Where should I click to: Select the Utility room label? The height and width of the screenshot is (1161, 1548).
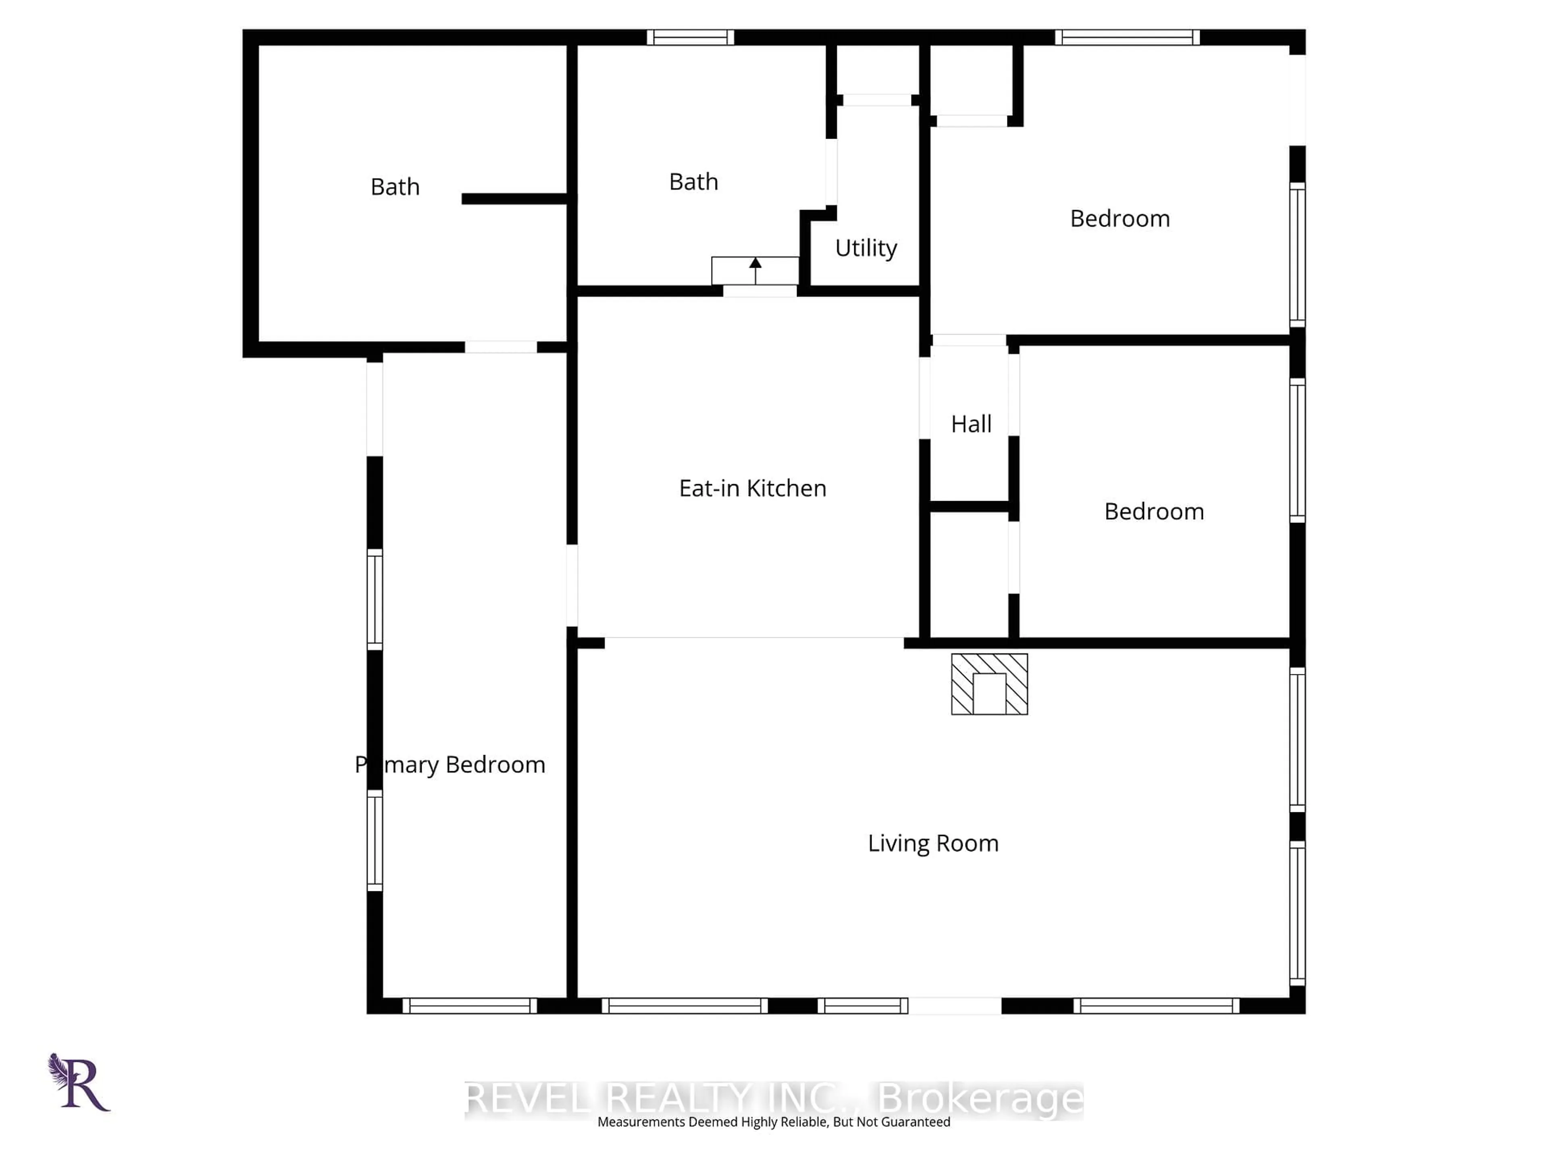pyautogui.click(x=866, y=248)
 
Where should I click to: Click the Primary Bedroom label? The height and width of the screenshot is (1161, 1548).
pyautogui.click(x=450, y=764)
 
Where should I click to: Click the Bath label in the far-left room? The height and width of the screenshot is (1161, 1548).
pyautogui.click(x=395, y=187)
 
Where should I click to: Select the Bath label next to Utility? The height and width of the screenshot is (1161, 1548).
pyautogui.click(x=693, y=182)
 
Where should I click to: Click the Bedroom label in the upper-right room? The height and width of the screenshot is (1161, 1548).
pyautogui.click(x=1119, y=219)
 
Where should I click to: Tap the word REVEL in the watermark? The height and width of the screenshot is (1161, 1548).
pyautogui.click(x=528, y=1099)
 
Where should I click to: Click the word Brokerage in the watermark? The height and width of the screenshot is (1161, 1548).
pyautogui.click(x=980, y=1099)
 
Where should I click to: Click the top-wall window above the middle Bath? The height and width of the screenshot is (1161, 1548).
pyautogui.click(x=690, y=37)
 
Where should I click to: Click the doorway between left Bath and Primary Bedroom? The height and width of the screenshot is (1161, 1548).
pyautogui.click(x=500, y=347)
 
